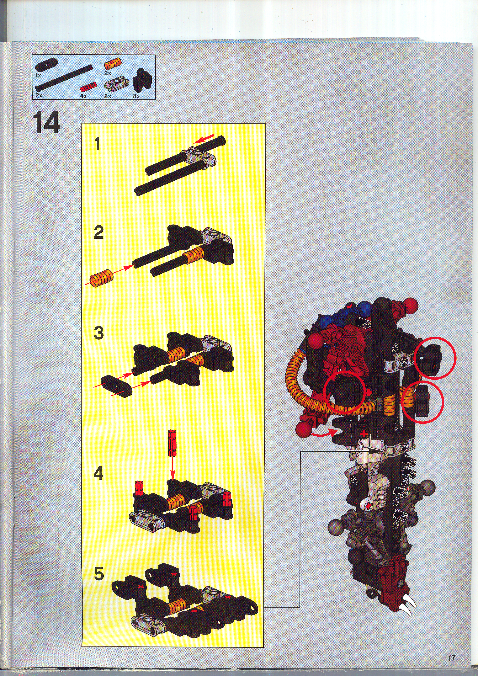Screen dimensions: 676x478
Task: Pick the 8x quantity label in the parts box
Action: (x=136, y=96)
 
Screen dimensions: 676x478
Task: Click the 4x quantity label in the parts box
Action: (x=83, y=96)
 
